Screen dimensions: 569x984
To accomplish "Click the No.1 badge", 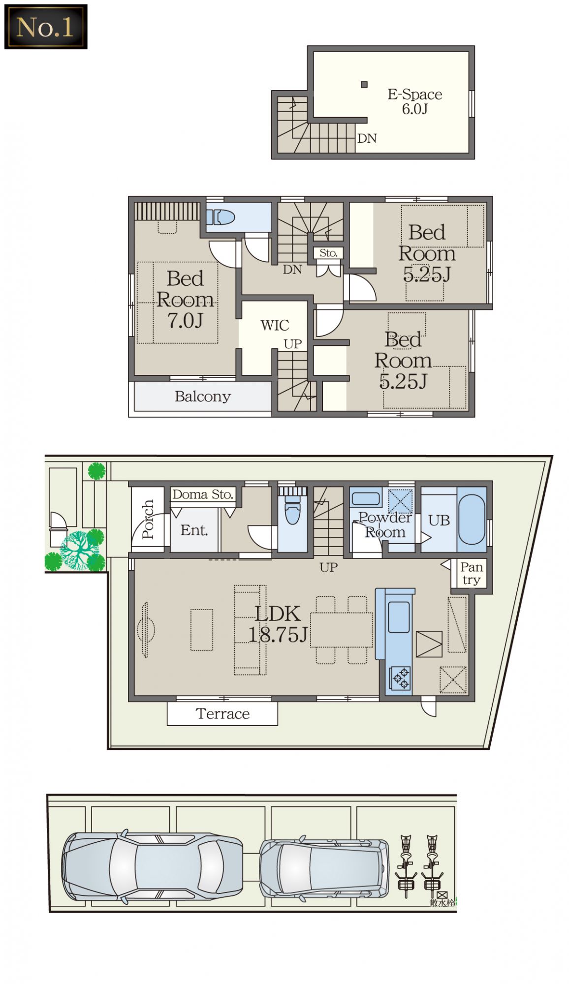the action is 46,27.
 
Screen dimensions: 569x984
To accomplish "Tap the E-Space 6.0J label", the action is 414,101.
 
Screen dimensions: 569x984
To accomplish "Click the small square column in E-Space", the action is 364,85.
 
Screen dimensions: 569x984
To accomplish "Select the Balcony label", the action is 203,397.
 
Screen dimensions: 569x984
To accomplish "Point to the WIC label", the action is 275,325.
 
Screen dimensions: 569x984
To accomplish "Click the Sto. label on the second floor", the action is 328,253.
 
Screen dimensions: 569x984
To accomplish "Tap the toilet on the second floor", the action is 220,217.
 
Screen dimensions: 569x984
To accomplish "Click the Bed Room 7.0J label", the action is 185,299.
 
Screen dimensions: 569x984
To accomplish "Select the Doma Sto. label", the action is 203,494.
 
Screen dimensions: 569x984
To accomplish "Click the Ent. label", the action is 194,530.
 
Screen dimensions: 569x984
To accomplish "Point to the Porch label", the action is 148,520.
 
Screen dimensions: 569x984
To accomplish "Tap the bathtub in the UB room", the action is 472,520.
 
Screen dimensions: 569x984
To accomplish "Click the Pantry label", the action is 472,573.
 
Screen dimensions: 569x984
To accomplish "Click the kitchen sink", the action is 399,617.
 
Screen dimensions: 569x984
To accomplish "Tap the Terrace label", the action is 222,714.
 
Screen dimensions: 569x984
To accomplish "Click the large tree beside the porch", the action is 79,550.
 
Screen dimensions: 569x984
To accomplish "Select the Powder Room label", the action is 385,524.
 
